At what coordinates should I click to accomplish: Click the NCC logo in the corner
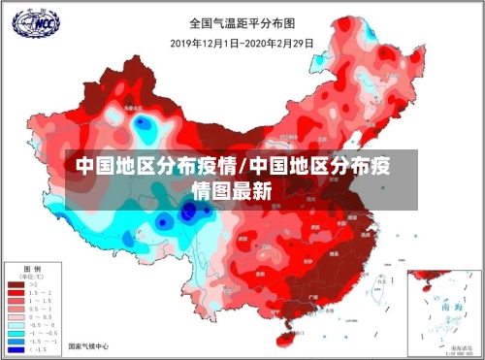pyautogui.click(x=30, y=22)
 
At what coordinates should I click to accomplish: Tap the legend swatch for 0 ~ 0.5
pyautogui.click(x=16, y=315)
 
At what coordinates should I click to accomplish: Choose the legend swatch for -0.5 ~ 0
pyautogui.click(x=16, y=324)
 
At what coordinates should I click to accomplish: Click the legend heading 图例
pyautogui.click(x=33, y=268)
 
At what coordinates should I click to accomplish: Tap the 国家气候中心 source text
pyautogui.click(x=88, y=345)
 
